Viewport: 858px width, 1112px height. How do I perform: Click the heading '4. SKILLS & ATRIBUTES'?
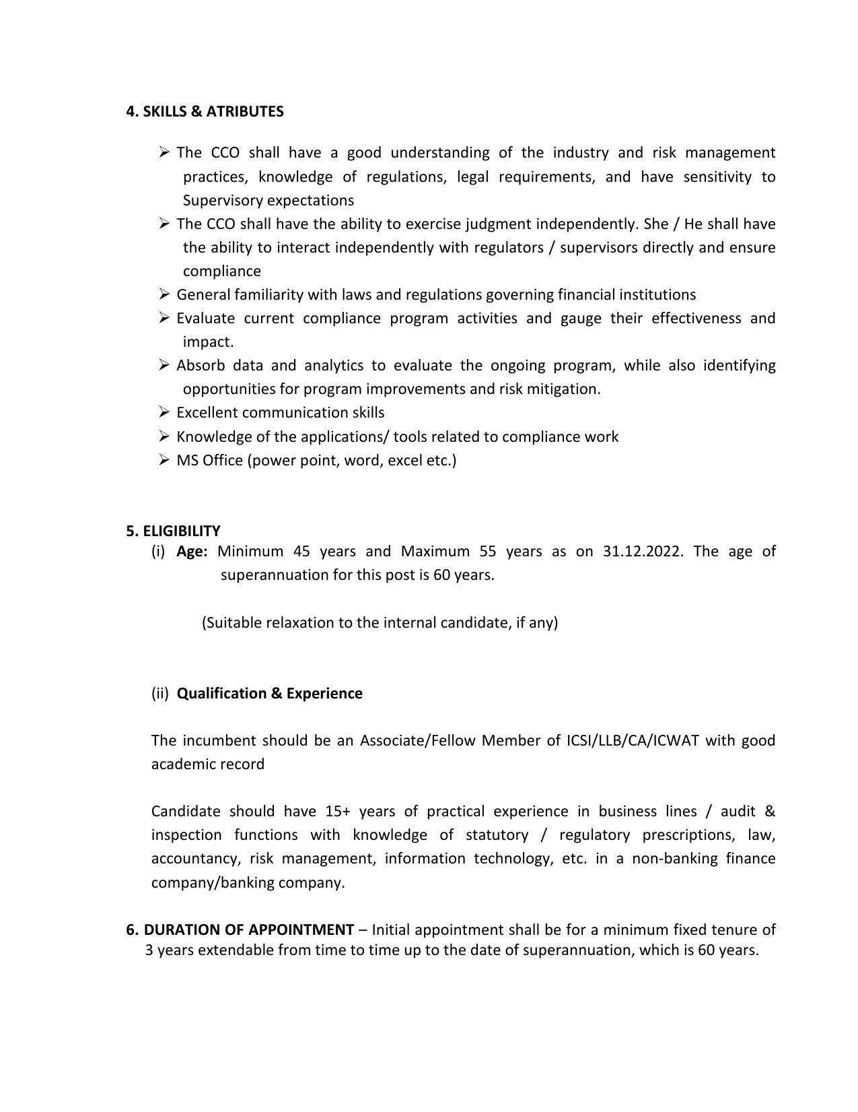[x=205, y=112]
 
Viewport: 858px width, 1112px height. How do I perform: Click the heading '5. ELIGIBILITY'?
[x=173, y=531]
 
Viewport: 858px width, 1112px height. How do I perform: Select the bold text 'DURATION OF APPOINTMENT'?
[x=248, y=930]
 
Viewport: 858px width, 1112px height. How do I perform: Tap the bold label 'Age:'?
[x=192, y=552]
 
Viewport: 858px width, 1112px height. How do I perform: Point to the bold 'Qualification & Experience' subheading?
[x=269, y=694]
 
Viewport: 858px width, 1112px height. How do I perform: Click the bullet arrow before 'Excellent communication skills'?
[x=165, y=412]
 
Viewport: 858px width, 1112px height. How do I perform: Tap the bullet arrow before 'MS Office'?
[x=165, y=460]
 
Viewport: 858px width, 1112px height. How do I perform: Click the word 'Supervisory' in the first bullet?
[x=223, y=201]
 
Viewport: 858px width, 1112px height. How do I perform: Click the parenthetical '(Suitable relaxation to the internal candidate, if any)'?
[x=380, y=623]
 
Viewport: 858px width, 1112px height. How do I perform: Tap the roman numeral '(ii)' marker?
[x=160, y=694]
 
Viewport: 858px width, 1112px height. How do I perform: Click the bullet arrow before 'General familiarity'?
[x=165, y=294]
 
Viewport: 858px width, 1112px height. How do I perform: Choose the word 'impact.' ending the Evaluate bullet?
[x=208, y=342]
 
